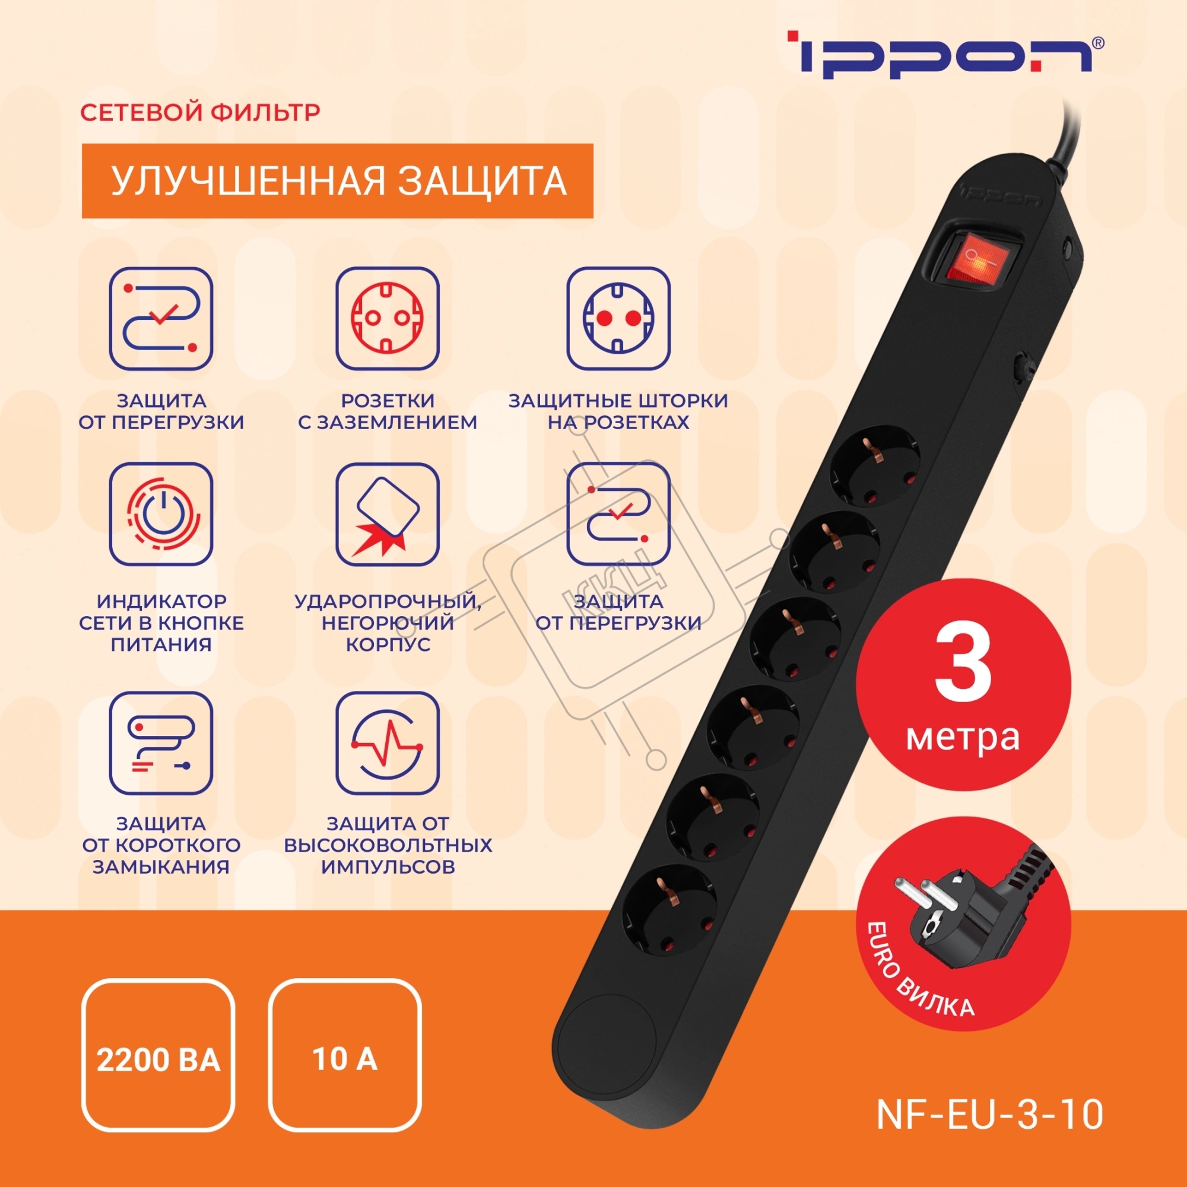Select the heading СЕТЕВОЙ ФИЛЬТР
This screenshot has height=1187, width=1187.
[x=200, y=113]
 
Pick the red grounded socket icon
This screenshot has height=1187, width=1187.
[x=388, y=318]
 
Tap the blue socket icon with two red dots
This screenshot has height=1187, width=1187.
[x=618, y=318]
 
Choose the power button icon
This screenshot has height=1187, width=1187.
[x=161, y=514]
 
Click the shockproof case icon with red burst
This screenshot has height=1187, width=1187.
[x=388, y=514]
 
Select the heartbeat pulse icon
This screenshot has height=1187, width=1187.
[x=388, y=744]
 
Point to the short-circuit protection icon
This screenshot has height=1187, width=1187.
[x=161, y=744]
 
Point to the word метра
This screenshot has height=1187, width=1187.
[x=963, y=737]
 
